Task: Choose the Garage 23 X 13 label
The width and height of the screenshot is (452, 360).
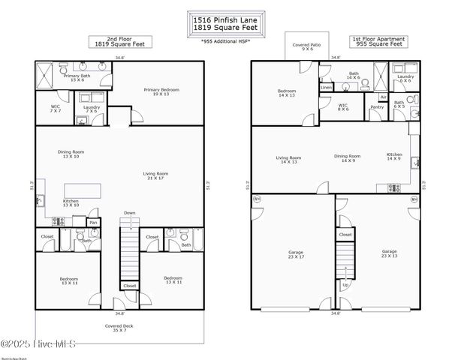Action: (x=388, y=254)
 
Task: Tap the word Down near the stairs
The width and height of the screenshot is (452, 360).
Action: (x=130, y=213)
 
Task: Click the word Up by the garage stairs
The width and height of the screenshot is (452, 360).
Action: (x=345, y=286)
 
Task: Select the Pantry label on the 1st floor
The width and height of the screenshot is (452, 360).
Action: (x=377, y=107)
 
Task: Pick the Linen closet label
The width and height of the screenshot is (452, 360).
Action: (x=326, y=88)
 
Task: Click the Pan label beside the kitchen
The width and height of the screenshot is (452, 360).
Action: (x=93, y=223)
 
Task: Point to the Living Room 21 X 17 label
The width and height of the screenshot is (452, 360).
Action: (x=155, y=176)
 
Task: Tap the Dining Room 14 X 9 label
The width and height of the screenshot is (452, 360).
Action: (x=347, y=158)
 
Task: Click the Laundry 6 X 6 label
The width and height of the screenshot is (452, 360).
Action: (x=405, y=78)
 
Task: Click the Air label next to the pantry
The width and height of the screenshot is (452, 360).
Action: (x=383, y=97)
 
